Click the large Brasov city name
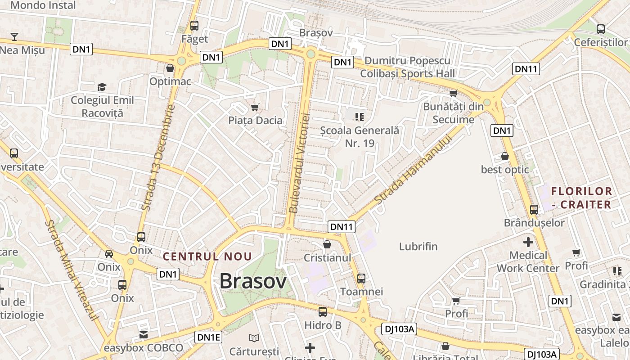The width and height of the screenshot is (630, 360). coord(253,281)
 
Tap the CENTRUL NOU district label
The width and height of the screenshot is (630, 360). coord(207,256)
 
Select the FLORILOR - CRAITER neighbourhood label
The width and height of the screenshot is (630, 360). coord(581,198)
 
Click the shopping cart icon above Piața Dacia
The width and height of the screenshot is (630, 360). coord(255,107)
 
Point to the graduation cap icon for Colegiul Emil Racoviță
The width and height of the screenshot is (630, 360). coord(102,86)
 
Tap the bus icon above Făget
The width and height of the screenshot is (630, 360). coord(194,26)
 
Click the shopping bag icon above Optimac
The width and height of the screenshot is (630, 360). coord(170,68)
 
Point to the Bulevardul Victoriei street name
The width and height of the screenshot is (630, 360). coord(299,163)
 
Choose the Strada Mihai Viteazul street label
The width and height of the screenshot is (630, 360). coord(72,270)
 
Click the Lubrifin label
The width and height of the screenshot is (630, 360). coord(418,247)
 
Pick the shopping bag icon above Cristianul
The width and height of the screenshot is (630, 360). coord(327,244)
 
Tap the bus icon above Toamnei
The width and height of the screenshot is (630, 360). coord(361,278)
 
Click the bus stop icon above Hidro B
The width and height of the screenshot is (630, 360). coord(323,311)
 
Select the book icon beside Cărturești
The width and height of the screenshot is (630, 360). coord(254,337)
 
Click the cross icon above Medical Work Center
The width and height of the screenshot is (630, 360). coord(528,242)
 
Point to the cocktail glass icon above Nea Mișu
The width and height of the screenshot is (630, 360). coord(14,36)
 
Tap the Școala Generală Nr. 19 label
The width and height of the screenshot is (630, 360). coord(360,137)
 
